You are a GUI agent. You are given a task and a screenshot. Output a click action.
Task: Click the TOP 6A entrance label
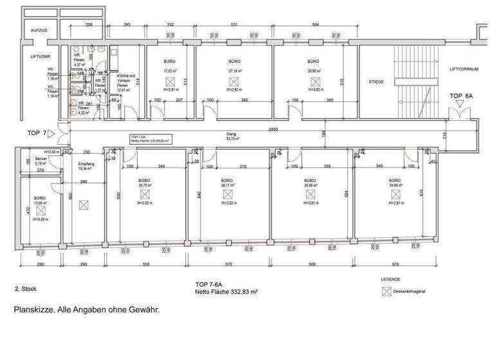click(x=461, y=95)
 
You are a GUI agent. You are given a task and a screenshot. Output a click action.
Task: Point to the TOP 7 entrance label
click(x=36, y=133)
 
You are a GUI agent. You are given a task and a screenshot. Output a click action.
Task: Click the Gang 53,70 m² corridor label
click(x=232, y=136)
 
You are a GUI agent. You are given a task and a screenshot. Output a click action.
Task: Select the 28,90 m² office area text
click(x=314, y=71)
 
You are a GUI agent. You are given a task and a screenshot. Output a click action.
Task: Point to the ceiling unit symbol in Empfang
click(x=83, y=206)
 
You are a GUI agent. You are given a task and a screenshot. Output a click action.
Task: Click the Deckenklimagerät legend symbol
click(x=387, y=291)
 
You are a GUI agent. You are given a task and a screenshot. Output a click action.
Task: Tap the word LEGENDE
click(x=390, y=280)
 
